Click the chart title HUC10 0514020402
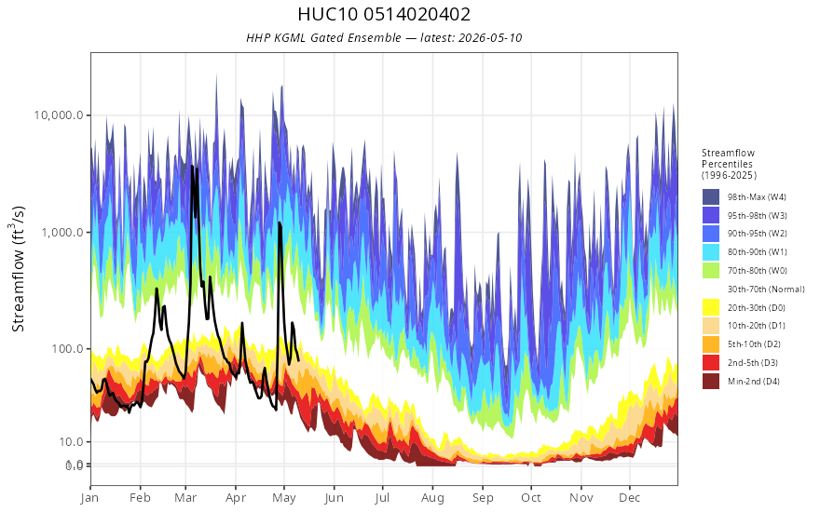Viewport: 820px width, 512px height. point(384,14)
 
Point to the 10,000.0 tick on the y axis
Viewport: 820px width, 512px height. point(59,115)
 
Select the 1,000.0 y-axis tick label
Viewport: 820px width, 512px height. point(62,232)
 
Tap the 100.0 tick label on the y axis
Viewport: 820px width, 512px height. point(67,348)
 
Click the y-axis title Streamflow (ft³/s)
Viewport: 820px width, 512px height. point(19,269)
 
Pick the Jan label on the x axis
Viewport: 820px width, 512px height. point(90,498)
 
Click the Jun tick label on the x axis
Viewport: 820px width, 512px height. point(334,498)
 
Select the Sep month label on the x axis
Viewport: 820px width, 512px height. point(483,498)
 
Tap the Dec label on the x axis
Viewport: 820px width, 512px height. point(630,498)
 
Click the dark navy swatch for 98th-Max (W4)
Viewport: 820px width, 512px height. point(711,197)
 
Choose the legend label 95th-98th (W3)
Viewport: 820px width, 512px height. point(758,216)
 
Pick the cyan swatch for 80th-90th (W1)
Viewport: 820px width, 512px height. point(711,252)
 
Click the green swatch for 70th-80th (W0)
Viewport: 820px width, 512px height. point(711,271)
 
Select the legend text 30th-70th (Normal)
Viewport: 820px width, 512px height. point(766,290)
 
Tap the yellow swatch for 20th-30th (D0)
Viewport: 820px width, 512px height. point(711,308)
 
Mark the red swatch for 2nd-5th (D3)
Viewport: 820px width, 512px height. point(711,362)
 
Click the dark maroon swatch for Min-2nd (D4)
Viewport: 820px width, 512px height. point(711,382)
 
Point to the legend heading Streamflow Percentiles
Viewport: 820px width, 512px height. point(729,158)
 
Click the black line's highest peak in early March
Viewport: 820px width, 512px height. point(192,166)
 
